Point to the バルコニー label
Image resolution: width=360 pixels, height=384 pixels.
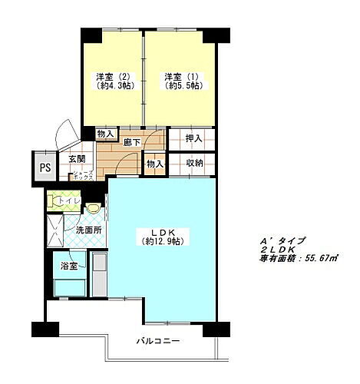(x=158, y=340)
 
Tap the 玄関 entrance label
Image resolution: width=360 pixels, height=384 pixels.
(x=77, y=159)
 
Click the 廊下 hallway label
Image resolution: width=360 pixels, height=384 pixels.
(x=131, y=142)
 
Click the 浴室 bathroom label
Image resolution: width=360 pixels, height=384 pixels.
(x=69, y=266)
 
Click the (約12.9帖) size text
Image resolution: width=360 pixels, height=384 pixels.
(x=163, y=241)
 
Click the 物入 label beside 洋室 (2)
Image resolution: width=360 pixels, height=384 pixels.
(x=105, y=134)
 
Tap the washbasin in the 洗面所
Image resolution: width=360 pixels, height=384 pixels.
(x=93, y=207)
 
